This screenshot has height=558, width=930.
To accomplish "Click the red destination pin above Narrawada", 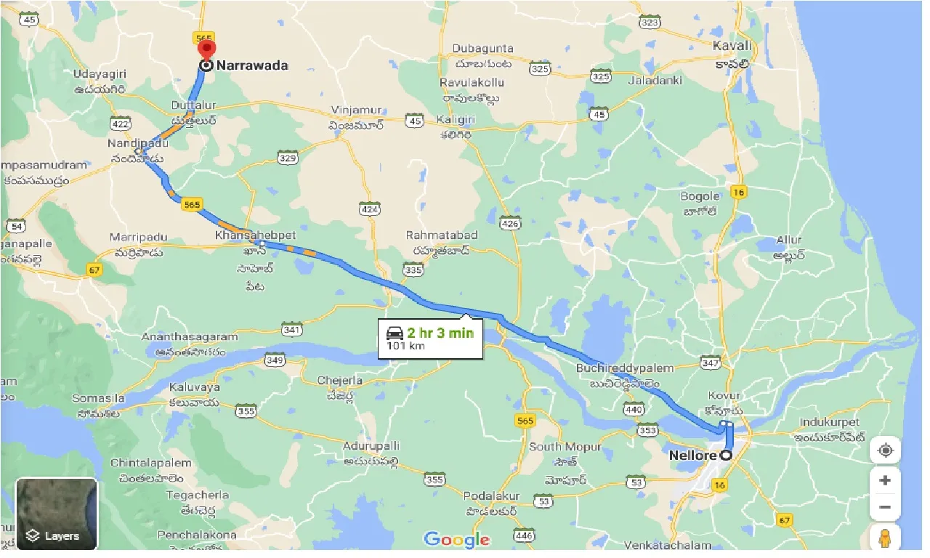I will (206, 49).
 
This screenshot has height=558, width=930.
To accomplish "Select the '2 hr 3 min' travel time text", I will (440, 333).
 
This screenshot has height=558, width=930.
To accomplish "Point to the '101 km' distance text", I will (405, 345).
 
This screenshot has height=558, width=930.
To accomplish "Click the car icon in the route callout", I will (395, 333).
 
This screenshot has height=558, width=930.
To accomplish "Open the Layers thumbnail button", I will (57, 514).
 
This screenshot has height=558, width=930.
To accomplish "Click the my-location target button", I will (885, 450).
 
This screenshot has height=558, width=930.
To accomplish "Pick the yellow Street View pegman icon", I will (885, 539).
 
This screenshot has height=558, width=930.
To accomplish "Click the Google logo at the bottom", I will (456, 540).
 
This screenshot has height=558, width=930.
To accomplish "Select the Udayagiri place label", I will (100, 74).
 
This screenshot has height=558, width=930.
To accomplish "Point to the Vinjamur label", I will (356, 110).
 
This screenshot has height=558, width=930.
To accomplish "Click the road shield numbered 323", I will (649, 23).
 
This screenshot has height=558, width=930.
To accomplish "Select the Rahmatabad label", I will (442, 235).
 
